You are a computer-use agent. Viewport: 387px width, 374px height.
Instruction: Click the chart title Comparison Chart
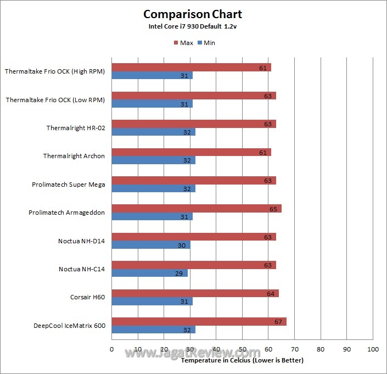click(x=192, y=14)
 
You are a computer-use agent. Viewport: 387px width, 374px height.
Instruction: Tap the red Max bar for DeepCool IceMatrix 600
click(x=199, y=322)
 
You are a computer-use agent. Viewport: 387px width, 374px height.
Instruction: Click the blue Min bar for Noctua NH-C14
click(x=149, y=273)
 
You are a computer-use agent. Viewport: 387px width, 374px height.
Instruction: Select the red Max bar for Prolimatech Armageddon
click(x=196, y=209)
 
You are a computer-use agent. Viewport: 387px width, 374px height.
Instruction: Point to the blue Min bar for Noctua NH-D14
click(x=150, y=245)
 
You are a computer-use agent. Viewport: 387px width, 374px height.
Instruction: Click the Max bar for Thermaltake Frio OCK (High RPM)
click(x=191, y=68)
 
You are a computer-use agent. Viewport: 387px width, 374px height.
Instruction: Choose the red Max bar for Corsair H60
click(x=195, y=293)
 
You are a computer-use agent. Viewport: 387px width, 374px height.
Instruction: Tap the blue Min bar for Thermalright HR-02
click(x=153, y=132)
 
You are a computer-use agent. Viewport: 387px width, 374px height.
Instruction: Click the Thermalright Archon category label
click(x=74, y=156)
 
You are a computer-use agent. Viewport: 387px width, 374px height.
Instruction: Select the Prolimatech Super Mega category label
click(x=68, y=185)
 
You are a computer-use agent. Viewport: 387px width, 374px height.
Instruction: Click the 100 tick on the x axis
click(x=373, y=349)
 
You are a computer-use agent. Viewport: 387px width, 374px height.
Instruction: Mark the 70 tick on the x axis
click(x=295, y=349)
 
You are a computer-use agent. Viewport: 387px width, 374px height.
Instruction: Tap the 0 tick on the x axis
click(x=111, y=349)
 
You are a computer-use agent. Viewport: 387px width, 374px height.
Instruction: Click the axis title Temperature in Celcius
click(x=242, y=360)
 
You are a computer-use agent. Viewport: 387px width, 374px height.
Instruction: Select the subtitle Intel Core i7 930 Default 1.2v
click(x=192, y=26)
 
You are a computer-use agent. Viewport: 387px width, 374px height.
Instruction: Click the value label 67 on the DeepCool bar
click(x=278, y=322)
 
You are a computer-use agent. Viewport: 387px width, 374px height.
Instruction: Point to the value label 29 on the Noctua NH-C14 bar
click(x=180, y=273)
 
